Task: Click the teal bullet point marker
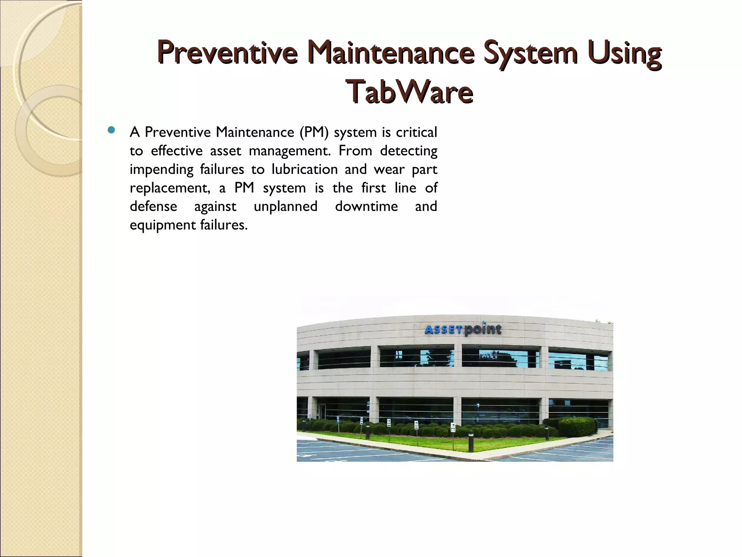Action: (x=111, y=130)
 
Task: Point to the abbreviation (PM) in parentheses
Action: (x=314, y=132)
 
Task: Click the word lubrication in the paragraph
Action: (x=304, y=169)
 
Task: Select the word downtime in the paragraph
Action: (x=366, y=206)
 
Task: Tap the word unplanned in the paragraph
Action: (x=285, y=206)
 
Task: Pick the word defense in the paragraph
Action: (x=154, y=206)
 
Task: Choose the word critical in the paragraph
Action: (x=416, y=132)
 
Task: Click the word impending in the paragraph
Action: (x=162, y=169)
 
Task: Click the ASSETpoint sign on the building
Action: (x=463, y=329)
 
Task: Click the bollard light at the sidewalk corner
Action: (x=471, y=441)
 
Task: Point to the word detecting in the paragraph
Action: (x=408, y=150)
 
